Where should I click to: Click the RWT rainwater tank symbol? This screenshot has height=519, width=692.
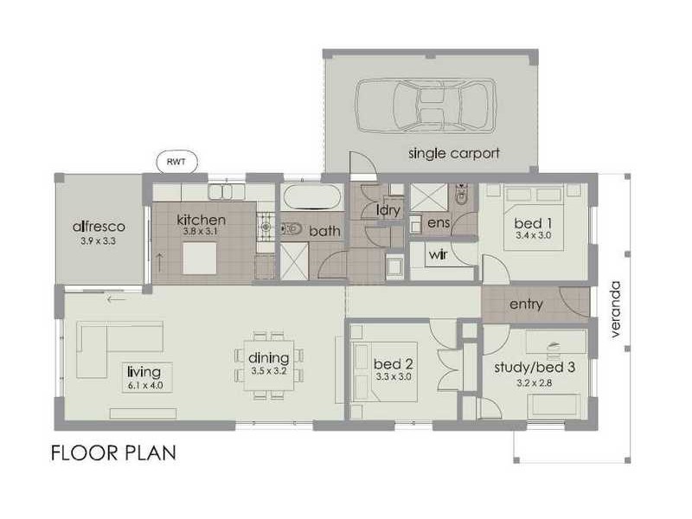click(x=177, y=161)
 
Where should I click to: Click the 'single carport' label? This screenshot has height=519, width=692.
click(x=454, y=155)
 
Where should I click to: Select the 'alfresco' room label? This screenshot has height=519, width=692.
click(x=99, y=227)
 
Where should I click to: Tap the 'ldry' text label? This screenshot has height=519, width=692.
click(x=387, y=210)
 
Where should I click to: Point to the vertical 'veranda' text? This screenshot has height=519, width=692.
click(x=617, y=310)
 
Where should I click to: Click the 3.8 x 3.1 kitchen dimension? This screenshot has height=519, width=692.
click(x=201, y=232)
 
